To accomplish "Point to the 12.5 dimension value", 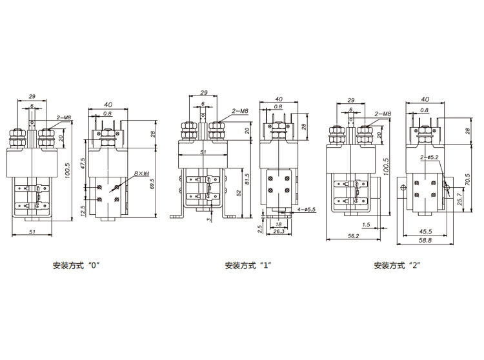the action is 83,212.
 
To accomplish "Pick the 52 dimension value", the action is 238,194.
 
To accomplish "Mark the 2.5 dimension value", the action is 259,229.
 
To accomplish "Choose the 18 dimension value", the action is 278,225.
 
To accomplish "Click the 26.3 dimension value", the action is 279,232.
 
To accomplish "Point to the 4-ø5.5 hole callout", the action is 306,210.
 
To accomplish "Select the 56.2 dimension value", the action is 354,236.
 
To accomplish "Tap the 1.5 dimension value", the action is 366,225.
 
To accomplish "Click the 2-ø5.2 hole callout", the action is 429,157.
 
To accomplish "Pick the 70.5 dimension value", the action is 468,180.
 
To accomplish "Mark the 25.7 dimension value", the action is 459,199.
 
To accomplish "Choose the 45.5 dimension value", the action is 425,232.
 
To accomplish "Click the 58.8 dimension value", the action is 425,240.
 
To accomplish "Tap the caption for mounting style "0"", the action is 77,265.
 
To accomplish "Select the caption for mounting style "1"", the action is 248,265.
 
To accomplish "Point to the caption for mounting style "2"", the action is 398,265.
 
